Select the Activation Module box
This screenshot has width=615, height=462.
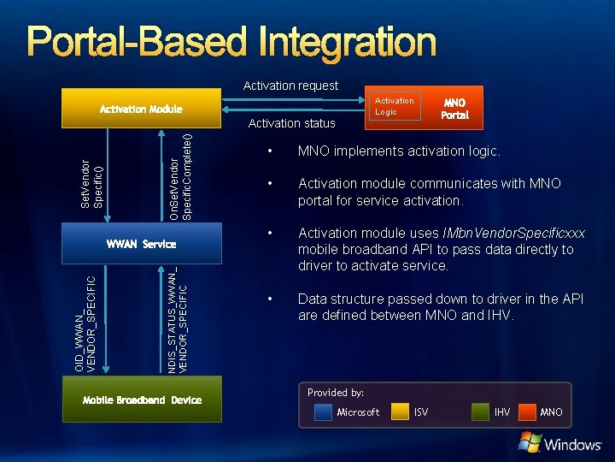click(141, 110)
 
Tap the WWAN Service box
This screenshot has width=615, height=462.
click(141, 244)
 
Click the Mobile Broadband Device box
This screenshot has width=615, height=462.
click(142, 400)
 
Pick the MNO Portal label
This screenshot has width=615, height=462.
click(454, 109)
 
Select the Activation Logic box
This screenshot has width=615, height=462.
click(394, 106)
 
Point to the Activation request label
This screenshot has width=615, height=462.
click(290, 86)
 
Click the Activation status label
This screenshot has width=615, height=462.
click(291, 123)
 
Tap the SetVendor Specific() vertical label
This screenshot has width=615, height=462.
click(91, 181)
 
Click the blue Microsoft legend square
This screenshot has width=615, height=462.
click(323, 412)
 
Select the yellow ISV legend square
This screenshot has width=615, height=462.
click(400, 412)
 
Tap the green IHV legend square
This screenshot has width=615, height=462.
click(480, 412)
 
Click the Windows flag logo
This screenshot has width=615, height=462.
click(530, 442)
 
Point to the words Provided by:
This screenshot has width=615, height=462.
click(336, 393)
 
